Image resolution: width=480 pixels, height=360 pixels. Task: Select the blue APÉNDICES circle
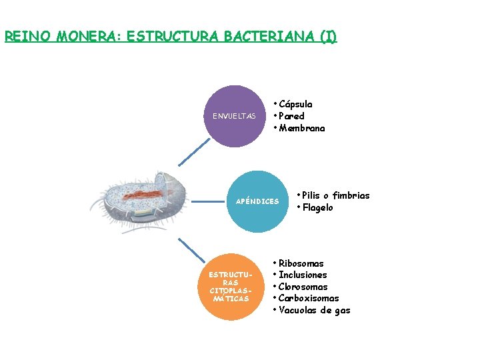coord(257,201)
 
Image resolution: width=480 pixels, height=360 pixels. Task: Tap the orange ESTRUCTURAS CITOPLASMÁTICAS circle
coord(229,287)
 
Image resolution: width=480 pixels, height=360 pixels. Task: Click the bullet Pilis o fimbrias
coord(335,195)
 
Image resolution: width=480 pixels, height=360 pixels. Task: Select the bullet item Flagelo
coord(317,207)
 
